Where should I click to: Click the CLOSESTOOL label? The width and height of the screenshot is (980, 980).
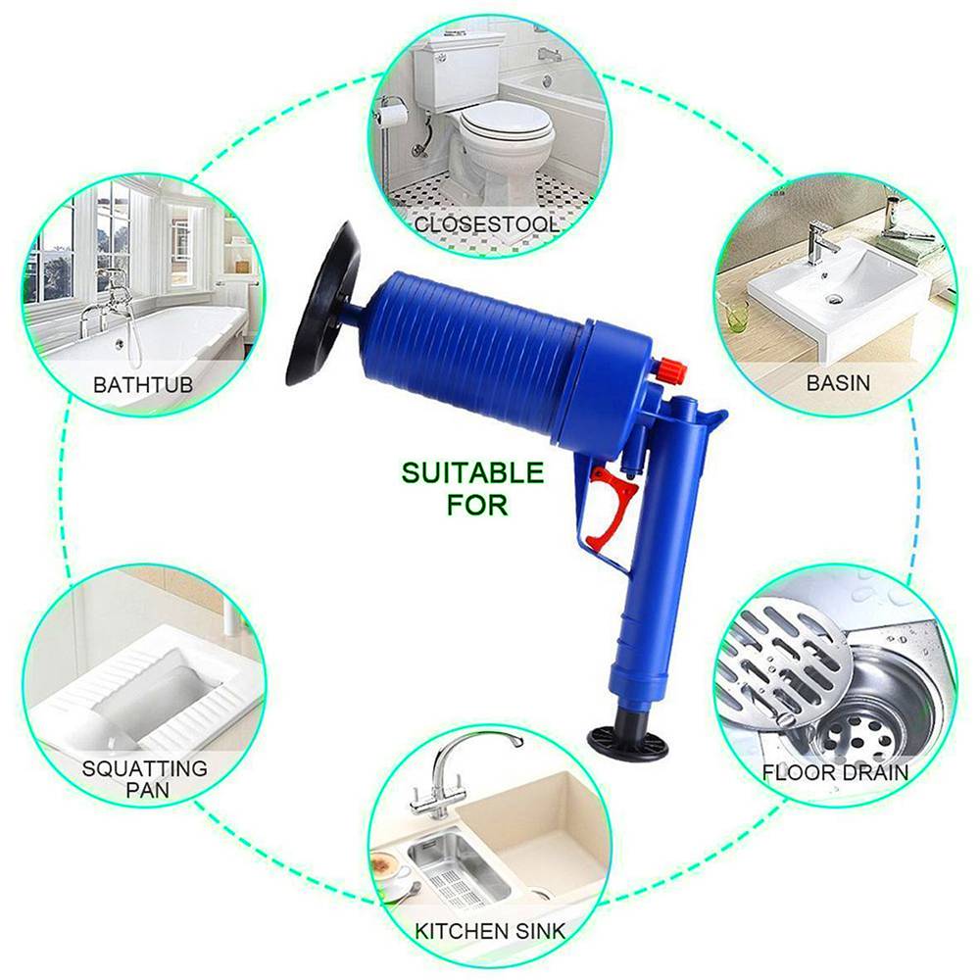487,224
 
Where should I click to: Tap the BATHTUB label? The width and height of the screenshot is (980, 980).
143,382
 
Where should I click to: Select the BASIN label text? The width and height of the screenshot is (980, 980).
838,381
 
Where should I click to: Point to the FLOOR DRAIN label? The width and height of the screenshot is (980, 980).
836,772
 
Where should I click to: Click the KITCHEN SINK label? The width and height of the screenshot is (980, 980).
488,927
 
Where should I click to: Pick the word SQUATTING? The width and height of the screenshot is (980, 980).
145,768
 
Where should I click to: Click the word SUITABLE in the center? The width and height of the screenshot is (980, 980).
471,473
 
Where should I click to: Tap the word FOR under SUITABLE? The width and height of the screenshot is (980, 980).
477,506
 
